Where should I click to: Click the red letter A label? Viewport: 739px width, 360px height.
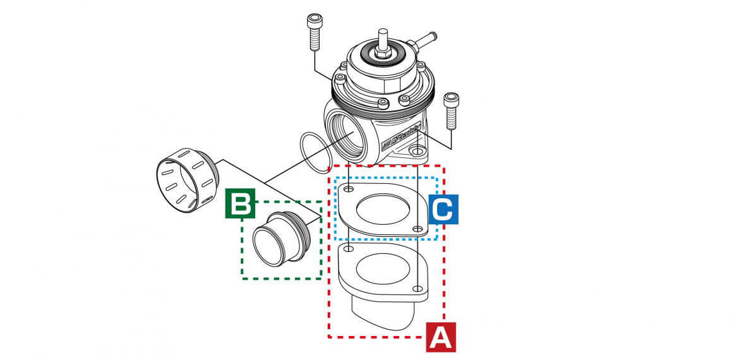440,337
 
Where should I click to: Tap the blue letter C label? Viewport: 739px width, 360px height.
443,209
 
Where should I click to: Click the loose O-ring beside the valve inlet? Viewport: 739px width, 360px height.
314,152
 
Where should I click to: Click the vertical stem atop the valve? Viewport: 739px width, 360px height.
382,40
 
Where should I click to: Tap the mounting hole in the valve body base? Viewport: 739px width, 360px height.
417,152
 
